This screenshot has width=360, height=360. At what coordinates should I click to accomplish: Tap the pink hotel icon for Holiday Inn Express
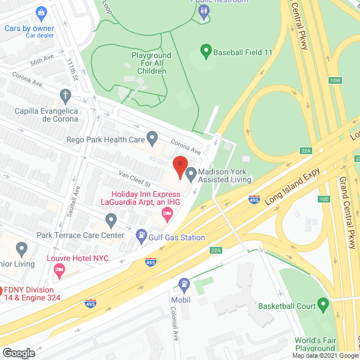(166, 212)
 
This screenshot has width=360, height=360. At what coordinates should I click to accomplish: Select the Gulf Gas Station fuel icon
(141, 237)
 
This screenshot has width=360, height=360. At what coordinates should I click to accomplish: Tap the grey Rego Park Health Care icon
(151, 138)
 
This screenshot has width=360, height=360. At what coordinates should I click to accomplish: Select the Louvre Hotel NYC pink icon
(59, 271)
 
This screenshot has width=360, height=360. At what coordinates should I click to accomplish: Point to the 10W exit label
(336, 80)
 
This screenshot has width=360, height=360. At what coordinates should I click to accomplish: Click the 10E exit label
(323, 199)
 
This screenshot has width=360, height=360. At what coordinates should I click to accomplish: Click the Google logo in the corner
(18, 353)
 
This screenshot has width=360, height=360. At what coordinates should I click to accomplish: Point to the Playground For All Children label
(151, 63)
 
